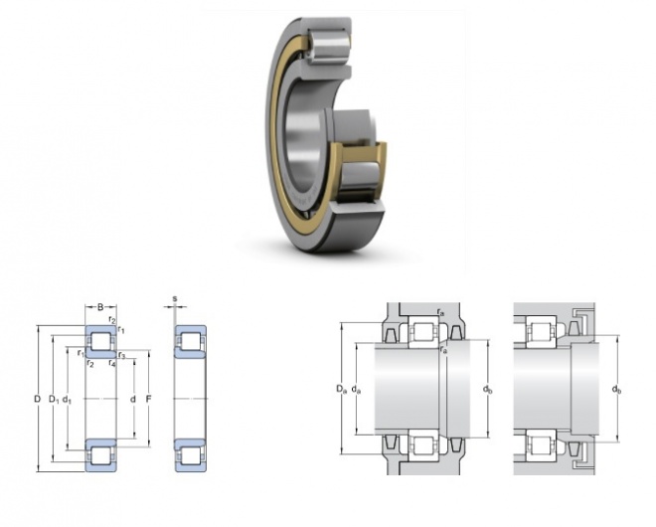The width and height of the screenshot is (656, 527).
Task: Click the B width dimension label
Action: coord(100,307)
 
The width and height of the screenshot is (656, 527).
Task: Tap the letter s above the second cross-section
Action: coord(175,299)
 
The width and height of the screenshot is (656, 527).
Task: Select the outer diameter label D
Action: coord(37,400)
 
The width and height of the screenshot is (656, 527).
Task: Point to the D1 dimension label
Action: coord(54,400)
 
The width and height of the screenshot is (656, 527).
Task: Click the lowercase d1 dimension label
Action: coord(67,400)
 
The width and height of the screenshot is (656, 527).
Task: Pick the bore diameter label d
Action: coord(133,400)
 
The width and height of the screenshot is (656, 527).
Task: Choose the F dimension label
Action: coord(148,400)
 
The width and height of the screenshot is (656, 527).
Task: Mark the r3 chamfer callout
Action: coord(121,356)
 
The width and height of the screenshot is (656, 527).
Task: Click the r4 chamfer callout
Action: coord(112,363)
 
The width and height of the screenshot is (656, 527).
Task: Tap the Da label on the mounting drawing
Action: coord(342,389)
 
